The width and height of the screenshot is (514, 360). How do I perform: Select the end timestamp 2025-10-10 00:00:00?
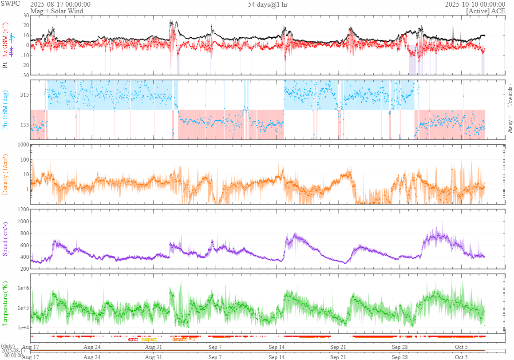click(x=475, y=4)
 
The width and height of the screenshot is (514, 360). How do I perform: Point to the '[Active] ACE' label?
click(x=486, y=11)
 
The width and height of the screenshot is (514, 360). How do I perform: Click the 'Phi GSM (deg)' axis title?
click(x=6, y=110)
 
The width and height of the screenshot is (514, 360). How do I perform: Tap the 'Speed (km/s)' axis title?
click(x=6, y=238)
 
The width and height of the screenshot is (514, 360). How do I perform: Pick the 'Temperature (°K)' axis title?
click(x=6, y=304)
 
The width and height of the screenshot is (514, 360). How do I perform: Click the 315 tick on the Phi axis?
click(x=23, y=95)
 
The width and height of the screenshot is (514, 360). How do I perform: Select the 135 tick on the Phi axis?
click(x=23, y=126)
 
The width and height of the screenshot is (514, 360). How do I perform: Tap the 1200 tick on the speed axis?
click(x=22, y=209)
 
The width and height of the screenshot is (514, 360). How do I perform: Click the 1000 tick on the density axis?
click(x=22, y=145)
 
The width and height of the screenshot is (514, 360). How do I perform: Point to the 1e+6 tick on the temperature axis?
click(x=22, y=288)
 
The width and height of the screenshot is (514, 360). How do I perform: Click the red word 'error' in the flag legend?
click(x=133, y=339)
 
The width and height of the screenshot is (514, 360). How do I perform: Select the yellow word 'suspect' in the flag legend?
click(x=149, y=339)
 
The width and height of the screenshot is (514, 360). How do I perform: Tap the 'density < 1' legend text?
click(x=184, y=339)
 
